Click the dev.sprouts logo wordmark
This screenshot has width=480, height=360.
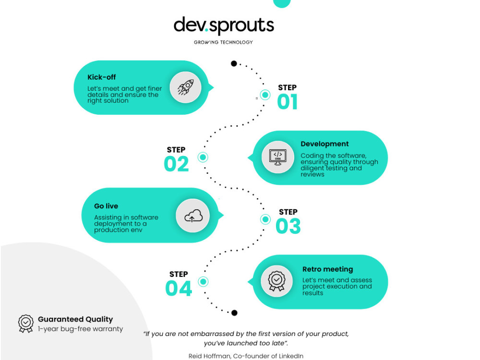[x=224, y=25]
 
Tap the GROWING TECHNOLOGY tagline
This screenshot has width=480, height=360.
[x=224, y=42]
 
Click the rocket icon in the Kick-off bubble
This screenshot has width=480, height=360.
[x=185, y=87]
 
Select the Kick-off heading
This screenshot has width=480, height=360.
[x=102, y=77]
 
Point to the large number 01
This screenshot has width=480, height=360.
[x=287, y=102]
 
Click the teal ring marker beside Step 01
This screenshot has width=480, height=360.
[x=265, y=95]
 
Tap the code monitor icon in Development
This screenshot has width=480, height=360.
[x=277, y=157]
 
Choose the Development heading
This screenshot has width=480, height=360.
[x=324, y=144]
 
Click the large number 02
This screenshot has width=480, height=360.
[x=176, y=164]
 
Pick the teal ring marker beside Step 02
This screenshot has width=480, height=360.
[x=203, y=157]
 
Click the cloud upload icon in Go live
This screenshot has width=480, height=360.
[x=193, y=216]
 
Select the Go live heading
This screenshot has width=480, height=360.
[x=106, y=206]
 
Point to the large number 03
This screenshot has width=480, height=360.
[x=288, y=226]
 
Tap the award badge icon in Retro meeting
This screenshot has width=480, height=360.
[x=277, y=281]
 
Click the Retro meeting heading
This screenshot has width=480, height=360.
[x=327, y=269]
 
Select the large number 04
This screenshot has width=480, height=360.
[x=179, y=288]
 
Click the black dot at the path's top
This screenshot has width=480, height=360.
[x=234, y=64]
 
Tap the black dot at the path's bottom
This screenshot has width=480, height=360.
[x=235, y=313]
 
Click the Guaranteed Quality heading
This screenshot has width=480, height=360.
[x=75, y=319]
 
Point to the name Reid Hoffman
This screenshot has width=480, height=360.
[x=209, y=356]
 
